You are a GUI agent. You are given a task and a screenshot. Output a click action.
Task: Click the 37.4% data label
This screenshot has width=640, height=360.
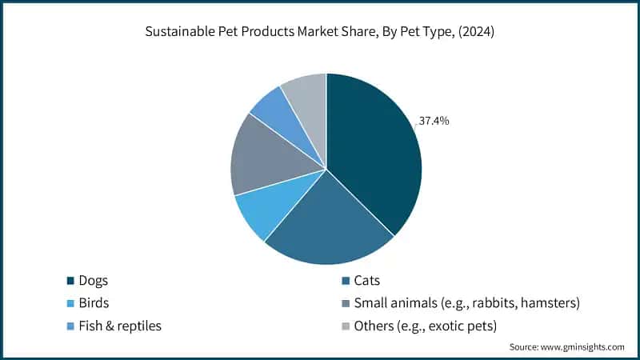433,122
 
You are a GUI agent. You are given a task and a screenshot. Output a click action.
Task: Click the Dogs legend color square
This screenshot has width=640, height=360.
70,281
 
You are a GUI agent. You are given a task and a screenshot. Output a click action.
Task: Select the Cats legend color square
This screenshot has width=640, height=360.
345,281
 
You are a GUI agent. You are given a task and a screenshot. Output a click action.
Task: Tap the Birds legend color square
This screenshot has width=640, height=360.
70,303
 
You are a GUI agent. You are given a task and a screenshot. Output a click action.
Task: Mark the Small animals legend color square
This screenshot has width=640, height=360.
345,303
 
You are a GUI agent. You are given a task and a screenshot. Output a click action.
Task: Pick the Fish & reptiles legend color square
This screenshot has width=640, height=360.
70,326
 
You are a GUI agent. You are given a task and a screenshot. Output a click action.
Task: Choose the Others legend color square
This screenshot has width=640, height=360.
345,326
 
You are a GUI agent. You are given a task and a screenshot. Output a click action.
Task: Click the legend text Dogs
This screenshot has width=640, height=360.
94,281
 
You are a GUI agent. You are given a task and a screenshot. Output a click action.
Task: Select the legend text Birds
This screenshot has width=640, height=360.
94,303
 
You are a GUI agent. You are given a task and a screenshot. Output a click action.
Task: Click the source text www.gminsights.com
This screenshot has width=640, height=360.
585,346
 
